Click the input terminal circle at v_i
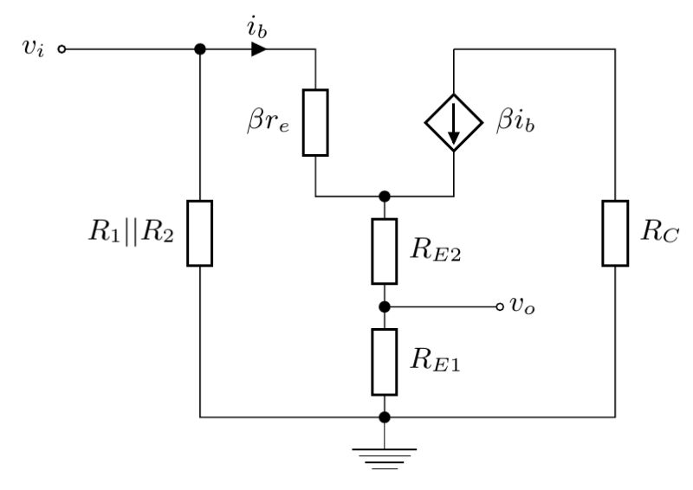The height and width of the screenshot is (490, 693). (62, 49)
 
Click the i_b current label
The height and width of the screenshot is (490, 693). (258, 29)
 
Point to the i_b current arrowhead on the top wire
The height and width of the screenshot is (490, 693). (259, 49)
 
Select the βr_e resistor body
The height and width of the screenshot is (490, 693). (315, 122)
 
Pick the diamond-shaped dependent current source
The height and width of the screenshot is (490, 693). (454, 122)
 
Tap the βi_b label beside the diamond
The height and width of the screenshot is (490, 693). (516, 122)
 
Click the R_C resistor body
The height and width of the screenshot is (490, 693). (615, 233)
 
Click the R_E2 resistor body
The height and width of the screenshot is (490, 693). (385, 251)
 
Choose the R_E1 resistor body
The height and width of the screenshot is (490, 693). (385, 361)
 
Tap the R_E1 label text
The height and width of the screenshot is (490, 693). (437, 362)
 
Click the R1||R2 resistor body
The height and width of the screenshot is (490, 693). (200, 233)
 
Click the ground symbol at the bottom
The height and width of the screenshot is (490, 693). (385, 454)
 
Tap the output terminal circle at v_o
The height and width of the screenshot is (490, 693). (499, 306)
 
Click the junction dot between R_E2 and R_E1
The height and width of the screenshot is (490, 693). (385, 306)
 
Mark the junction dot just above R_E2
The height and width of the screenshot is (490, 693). (385, 197)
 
